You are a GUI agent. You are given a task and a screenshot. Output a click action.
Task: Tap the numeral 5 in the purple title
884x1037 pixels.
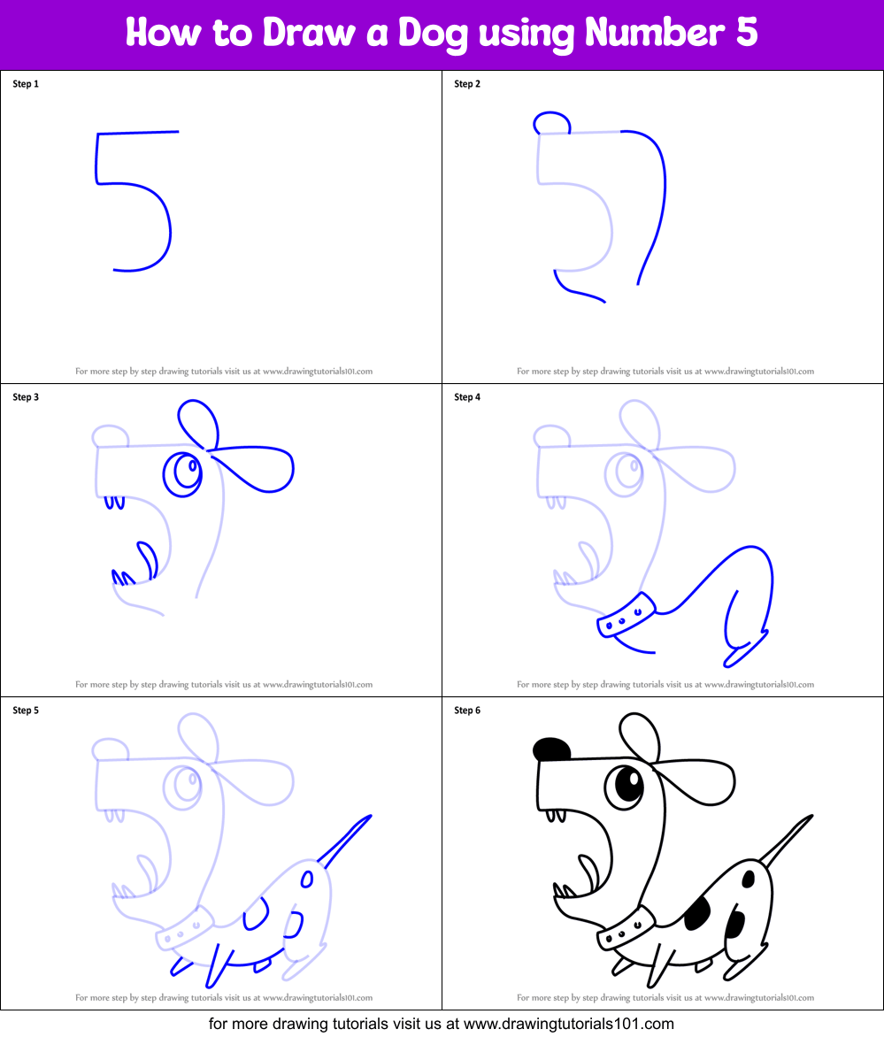coord(746,33)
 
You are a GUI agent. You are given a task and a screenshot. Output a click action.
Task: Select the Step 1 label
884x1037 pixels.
coord(26,84)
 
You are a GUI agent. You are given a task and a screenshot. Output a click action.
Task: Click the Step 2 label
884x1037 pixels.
coord(467,84)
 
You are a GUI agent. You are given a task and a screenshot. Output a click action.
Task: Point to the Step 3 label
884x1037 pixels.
coord(26,397)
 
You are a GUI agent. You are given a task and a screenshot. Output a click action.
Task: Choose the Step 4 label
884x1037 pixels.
coord(467,397)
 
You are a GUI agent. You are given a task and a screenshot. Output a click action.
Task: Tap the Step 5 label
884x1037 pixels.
coord(26,711)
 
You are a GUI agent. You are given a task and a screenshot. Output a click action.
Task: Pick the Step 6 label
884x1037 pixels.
coord(467,711)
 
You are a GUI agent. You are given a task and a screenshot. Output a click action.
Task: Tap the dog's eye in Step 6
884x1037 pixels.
coord(627,784)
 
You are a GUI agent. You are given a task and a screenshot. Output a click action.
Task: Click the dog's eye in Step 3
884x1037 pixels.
coord(186,471)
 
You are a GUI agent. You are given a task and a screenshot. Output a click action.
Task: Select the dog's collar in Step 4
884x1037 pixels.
coord(627,615)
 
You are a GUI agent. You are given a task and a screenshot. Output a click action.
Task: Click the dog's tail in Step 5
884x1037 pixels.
coord(347,839)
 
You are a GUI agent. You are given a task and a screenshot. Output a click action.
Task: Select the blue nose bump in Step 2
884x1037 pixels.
coord(550,124)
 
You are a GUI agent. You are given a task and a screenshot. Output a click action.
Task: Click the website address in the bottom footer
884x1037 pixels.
coord(568,1024)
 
